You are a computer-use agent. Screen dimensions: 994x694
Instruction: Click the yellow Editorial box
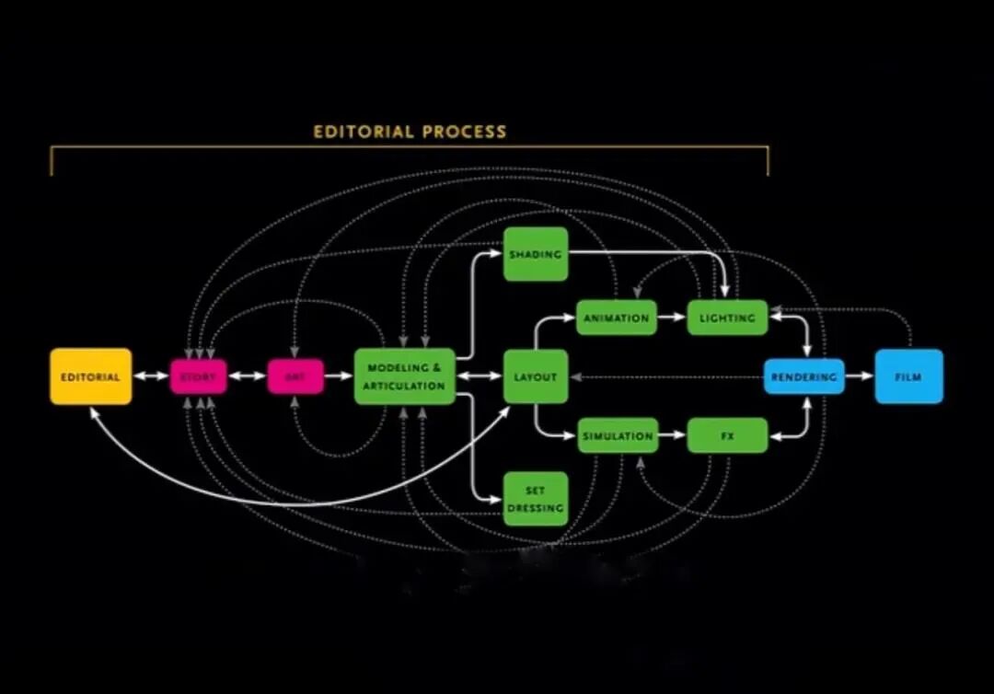[90, 376]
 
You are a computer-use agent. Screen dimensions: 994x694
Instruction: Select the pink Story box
[198, 376]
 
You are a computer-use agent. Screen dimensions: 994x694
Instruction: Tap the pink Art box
[295, 376]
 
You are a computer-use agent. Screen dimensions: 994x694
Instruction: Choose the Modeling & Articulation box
[405, 376]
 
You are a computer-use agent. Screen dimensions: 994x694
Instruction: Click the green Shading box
[536, 253]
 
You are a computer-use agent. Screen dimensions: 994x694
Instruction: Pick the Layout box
[536, 376]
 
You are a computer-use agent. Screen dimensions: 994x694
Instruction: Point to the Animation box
[617, 318]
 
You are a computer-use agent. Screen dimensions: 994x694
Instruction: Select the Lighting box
[727, 318]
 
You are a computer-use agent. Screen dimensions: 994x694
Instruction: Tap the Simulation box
[617, 435]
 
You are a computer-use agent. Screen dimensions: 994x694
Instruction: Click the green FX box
[727, 435]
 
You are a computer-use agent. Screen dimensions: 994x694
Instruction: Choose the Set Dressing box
[536, 499]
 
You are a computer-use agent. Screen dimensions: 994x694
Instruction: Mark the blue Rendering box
[803, 376]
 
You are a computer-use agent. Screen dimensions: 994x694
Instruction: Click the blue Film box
[908, 376]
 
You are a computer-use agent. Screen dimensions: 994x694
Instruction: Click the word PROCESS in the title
[463, 132]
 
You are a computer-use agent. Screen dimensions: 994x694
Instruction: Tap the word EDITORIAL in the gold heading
[363, 132]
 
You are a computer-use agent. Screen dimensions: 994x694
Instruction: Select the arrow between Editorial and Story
[151, 376]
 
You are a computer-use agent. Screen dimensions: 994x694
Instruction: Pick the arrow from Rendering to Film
[860, 376]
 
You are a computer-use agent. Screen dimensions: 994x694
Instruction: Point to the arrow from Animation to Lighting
[673, 318]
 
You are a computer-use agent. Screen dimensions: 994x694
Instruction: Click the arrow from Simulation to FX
[673, 435]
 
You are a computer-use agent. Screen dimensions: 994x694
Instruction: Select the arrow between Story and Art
[247, 376]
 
